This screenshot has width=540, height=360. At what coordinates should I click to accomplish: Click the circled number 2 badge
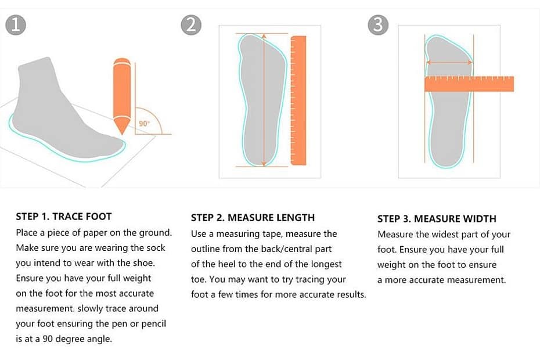coord(191,26)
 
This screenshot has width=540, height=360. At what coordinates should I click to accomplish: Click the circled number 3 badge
coord(379,26)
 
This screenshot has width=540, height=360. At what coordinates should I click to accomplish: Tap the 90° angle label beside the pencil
coord(144,123)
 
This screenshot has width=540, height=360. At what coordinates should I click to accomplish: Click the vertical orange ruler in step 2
coord(298,100)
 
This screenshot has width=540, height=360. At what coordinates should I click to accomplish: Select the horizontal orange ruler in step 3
coord(469,84)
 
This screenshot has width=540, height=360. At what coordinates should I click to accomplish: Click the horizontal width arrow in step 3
coord(449,62)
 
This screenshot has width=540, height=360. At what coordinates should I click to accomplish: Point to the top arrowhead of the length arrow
coord(264,36)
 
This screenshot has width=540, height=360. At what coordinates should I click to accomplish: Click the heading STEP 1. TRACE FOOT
coord(64,217)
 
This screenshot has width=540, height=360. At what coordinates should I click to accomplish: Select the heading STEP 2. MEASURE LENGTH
coord(253,218)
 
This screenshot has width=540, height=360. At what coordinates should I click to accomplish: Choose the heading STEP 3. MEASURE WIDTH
coord(437,219)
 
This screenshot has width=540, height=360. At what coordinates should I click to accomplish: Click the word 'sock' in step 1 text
coord(155,248)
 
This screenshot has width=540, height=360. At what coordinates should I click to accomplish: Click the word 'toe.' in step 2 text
coord(199,279)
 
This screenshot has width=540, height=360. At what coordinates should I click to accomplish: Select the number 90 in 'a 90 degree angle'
coord(48,339)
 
